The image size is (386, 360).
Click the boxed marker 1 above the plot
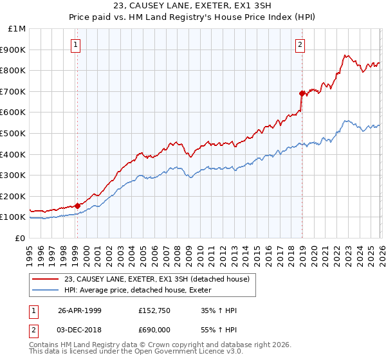76,44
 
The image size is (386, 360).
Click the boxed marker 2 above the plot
300,44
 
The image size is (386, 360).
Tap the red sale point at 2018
302,93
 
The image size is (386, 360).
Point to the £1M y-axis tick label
17,29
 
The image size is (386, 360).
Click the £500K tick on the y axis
14,134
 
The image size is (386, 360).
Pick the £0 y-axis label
21,238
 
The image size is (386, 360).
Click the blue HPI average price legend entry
142,290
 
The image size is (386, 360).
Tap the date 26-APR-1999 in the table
80,310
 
